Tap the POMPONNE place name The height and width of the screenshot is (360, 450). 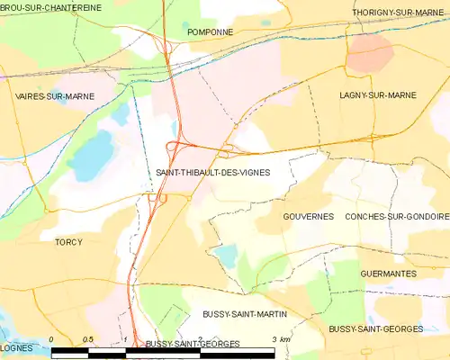click(x=210, y=31)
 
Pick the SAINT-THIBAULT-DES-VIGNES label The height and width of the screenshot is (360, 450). click(x=212, y=171)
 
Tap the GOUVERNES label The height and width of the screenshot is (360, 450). click(x=308, y=217)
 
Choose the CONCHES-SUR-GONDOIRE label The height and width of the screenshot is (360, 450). click(x=397, y=217)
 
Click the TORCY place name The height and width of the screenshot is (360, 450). click(x=68, y=242)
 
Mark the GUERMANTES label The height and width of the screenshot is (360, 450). click(x=387, y=273)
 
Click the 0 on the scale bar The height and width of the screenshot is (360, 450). click(x=52, y=338)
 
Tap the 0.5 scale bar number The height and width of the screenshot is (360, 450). click(x=87, y=338)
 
